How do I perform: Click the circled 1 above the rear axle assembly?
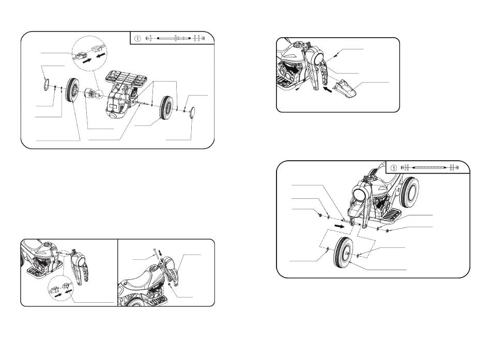[x=137, y=39]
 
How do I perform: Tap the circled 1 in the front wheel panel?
[x=394, y=168]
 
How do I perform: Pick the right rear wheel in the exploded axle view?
[x=166, y=107]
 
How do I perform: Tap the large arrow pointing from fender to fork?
[x=328, y=90]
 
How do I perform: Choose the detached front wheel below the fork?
[x=344, y=253]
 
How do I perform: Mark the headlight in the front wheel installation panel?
[x=360, y=194]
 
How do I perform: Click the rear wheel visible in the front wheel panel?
[x=409, y=192]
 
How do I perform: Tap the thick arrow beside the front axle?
[x=340, y=226]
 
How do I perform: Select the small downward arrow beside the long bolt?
[x=161, y=253]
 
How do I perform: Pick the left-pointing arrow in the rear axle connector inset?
[x=101, y=56]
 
